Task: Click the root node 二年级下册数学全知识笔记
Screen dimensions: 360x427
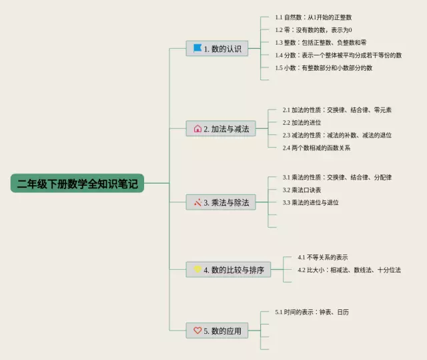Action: tap(77, 184)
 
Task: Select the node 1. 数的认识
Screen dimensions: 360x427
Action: tap(218, 48)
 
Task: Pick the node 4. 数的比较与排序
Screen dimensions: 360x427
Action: tap(230, 270)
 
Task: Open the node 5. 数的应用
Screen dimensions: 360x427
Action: tap(218, 330)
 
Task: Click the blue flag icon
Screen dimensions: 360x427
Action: tap(197, 48)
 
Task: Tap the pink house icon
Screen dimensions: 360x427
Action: tap(197, 129)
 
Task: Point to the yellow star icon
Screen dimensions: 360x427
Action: tap(197, 269)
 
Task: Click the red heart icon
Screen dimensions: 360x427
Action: tap(197, 330)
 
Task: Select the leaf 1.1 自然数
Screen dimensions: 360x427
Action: tap(313, 17)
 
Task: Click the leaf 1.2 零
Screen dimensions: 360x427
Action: tap(313, 29)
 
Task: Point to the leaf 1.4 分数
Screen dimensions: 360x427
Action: tap(338, 55)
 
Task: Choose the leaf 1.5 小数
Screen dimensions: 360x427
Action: tap(324, 67)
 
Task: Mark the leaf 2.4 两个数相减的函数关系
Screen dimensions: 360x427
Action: tap(316, 148)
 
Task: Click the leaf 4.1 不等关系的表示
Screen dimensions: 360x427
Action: tap(322, 257)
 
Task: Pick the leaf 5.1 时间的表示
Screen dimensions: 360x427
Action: tap(312, 312)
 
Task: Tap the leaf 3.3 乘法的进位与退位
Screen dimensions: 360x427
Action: tap(310, 202)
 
